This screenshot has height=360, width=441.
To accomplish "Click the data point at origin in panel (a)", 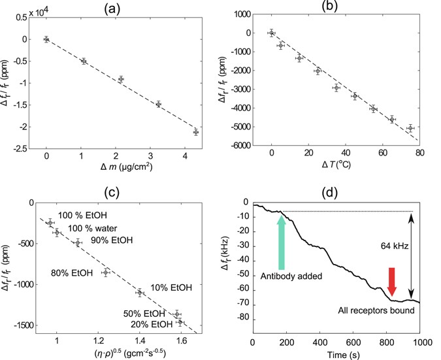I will [46, 39].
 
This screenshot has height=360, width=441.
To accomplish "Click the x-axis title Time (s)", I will [336, 355].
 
